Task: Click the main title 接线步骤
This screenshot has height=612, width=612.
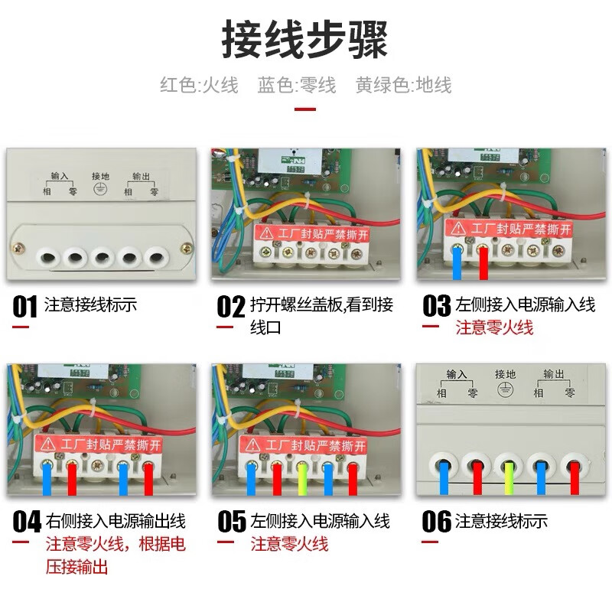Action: coord(305,40)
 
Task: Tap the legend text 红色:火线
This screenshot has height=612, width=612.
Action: coord(199,85)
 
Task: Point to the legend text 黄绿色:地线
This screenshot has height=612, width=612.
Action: coord(403,85)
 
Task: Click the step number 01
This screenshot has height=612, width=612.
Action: coord(24,307)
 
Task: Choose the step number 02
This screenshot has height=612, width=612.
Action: coord(230,307)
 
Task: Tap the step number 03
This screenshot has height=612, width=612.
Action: coord(437,307)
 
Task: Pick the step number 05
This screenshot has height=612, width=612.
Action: coord(232,523)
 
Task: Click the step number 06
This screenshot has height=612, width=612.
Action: coord(437,523)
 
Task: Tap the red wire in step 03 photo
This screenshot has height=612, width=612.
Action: coord(483,265)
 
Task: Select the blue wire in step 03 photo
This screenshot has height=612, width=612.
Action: coord(457,265)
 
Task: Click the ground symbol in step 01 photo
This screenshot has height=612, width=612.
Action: coord(99,191)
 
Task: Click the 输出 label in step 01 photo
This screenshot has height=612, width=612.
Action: coord(141,175)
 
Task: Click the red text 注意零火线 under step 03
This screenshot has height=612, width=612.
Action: coord(494,328)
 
